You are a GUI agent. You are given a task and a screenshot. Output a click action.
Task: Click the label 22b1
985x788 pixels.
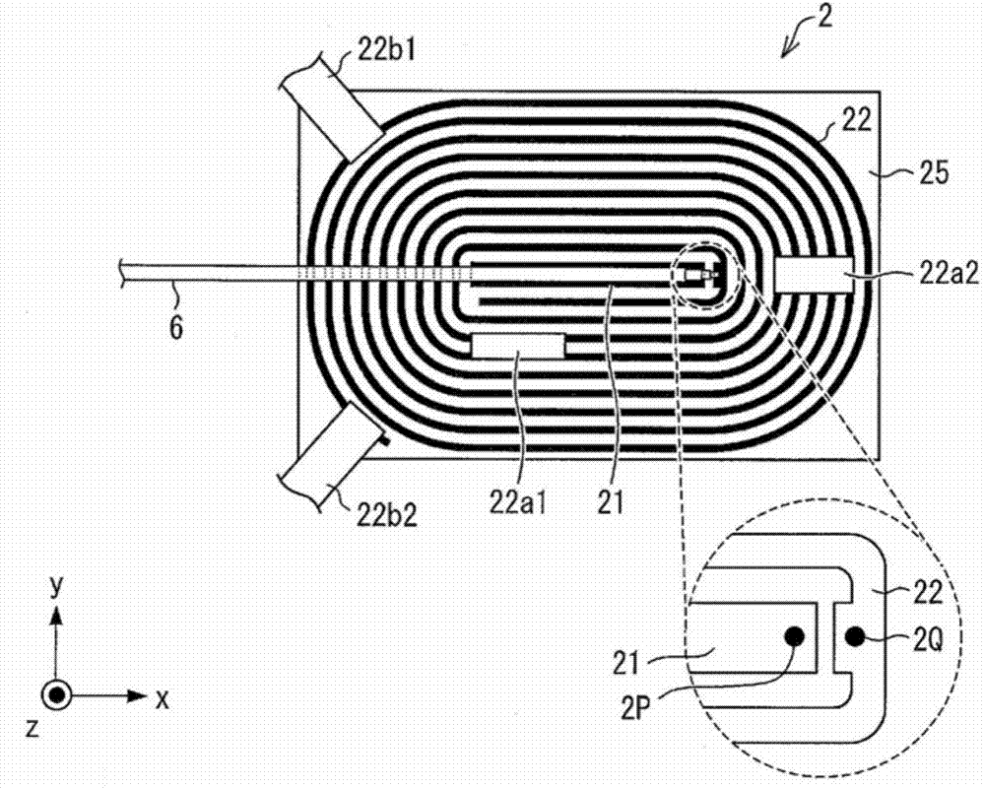387,49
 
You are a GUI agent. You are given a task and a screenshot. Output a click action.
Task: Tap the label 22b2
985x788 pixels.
387,515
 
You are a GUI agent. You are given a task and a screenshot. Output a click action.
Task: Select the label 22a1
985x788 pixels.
518,503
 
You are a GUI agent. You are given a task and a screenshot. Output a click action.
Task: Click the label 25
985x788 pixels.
934,172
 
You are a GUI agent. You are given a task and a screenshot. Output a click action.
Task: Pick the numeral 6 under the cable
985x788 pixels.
176,327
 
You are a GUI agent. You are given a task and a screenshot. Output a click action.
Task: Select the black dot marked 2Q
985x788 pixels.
854,638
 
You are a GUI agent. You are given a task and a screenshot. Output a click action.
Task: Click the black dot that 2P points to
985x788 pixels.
795,637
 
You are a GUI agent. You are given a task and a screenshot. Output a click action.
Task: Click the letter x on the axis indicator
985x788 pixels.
163,698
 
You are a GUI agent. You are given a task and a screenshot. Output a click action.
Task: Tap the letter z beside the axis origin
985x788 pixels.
33,728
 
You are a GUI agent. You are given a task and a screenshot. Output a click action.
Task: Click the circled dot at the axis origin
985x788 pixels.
56,695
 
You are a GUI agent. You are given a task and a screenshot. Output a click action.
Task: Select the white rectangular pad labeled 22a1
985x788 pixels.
518,347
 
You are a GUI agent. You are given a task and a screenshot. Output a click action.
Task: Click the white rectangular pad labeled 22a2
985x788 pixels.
815,275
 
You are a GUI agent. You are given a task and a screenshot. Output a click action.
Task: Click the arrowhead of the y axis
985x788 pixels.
56,616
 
